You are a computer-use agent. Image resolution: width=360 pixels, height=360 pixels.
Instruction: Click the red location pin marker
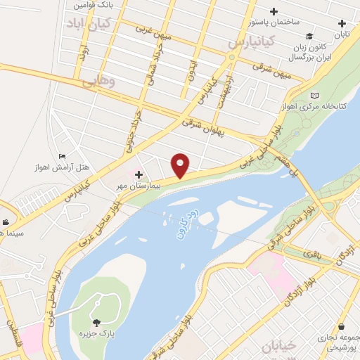(x=181, y=165)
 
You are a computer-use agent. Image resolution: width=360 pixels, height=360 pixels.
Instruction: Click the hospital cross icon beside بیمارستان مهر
(x=139, y=174)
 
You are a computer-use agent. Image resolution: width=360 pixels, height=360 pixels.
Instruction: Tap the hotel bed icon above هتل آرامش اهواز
(x=63, y=157)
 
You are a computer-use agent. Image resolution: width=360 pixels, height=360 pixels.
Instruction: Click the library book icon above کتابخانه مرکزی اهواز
(x=314, y=95)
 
